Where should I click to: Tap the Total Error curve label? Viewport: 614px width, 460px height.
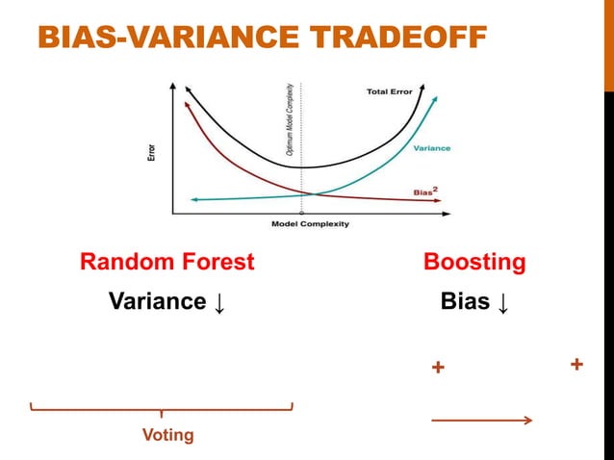coord(390,92)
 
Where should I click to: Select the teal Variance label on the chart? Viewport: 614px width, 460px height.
coord(431,148)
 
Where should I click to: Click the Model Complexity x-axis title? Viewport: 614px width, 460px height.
coord(310,224)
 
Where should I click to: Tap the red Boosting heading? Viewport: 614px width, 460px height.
coord(474,262)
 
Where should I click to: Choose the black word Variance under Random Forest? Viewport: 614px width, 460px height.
coord(156,302)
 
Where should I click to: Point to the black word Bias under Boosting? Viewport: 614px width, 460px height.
coord(464,302)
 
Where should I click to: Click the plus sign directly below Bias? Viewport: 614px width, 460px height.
coord(438,369)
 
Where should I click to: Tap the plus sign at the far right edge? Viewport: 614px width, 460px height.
coord(576,365)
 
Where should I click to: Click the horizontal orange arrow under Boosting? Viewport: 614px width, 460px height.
coord(481,420)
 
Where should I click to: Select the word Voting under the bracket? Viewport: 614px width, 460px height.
coord(167,436)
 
